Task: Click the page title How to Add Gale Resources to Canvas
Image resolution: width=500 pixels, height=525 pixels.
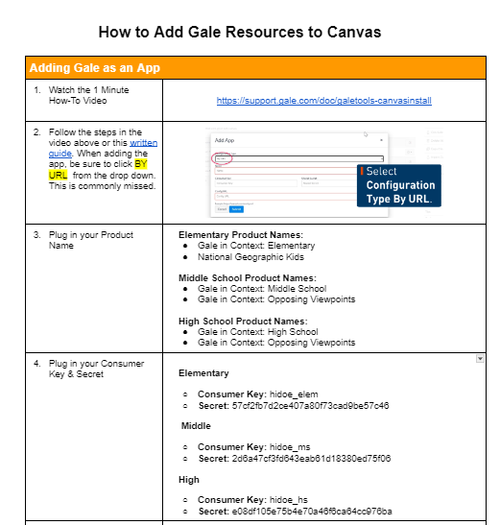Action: coord(239,32)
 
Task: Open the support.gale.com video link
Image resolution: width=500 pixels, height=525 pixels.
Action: coord(323,100)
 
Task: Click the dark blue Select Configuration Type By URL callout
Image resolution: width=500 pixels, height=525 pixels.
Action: coord(397,185)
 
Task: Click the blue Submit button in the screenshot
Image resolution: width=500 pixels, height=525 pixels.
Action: coord(236,208)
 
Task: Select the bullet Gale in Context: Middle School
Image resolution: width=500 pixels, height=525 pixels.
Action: coord(262,289)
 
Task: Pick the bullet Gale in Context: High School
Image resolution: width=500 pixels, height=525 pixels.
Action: coord(257,332)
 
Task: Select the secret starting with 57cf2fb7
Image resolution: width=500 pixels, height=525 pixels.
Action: coord(310,406)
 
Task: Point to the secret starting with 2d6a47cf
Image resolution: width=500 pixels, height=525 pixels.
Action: coord(311,458)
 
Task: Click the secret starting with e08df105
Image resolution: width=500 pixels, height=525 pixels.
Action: coord(311,511)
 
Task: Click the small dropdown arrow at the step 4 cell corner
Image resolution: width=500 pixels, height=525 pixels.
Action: coord(479,358)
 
